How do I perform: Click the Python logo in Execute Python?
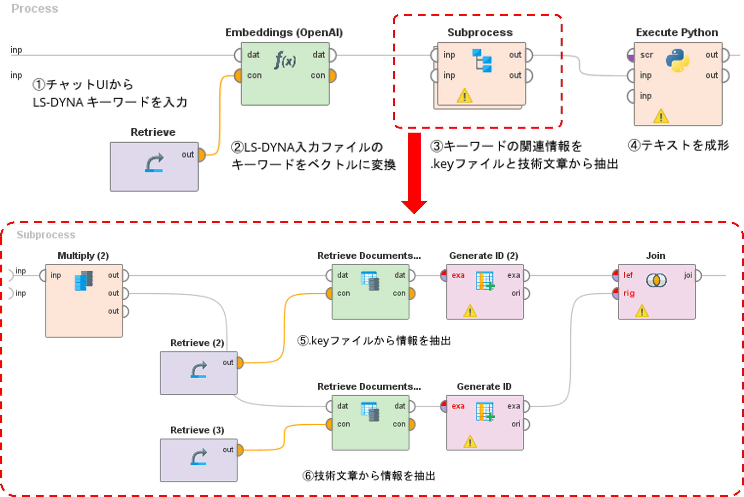click(x=677, y=60)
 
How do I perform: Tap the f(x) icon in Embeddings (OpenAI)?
click(x=285, y=60)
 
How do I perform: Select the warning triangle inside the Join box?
click(x=642, y=311)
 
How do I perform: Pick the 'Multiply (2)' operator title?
click(x=83, y=256)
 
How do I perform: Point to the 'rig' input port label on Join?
click(x=629, y=293)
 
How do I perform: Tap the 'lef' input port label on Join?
click(x=628, y=275)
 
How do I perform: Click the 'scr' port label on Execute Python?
click(x=646, y=55)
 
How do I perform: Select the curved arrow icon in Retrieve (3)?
click(x=199, y=457)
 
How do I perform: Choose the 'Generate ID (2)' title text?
click(x=483, y=256)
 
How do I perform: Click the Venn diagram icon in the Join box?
click(x=656, y=280)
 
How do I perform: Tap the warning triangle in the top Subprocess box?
click(x=464, y=96)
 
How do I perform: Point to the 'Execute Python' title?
click(x=677, y=33)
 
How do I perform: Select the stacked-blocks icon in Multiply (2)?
click(x=84, y=281)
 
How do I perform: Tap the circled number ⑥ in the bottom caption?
click(x=308, y=476)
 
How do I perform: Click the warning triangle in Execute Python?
click(x=661, y=116)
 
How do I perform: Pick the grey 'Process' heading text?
click(x=35, y=9)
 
